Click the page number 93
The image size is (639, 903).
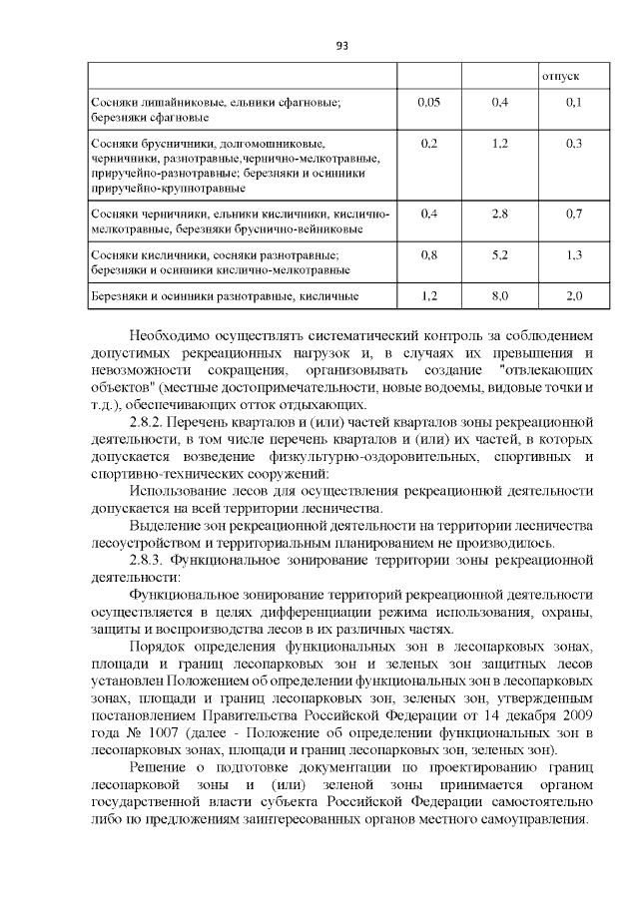(x=341, y=46)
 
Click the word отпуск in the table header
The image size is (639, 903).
(x=560, y=77)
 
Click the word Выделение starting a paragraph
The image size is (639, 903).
(x=170, y=526)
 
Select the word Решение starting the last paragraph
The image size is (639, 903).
(x=165, y=766)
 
